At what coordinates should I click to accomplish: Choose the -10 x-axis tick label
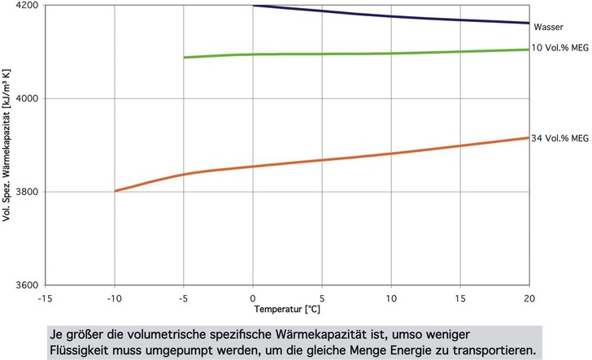115,297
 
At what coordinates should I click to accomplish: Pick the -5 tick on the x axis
185,297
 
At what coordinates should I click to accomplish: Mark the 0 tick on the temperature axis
254,297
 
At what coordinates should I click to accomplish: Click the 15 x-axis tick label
460,297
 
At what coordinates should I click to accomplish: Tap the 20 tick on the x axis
529,297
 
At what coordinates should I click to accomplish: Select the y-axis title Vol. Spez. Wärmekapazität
7,145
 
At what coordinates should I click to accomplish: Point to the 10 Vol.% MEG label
559,49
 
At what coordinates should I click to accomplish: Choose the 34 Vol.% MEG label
559,137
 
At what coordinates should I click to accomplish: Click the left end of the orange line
115,191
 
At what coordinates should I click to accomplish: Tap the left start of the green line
185,58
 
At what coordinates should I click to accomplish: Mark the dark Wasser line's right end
529,23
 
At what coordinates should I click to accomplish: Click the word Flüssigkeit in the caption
78,347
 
